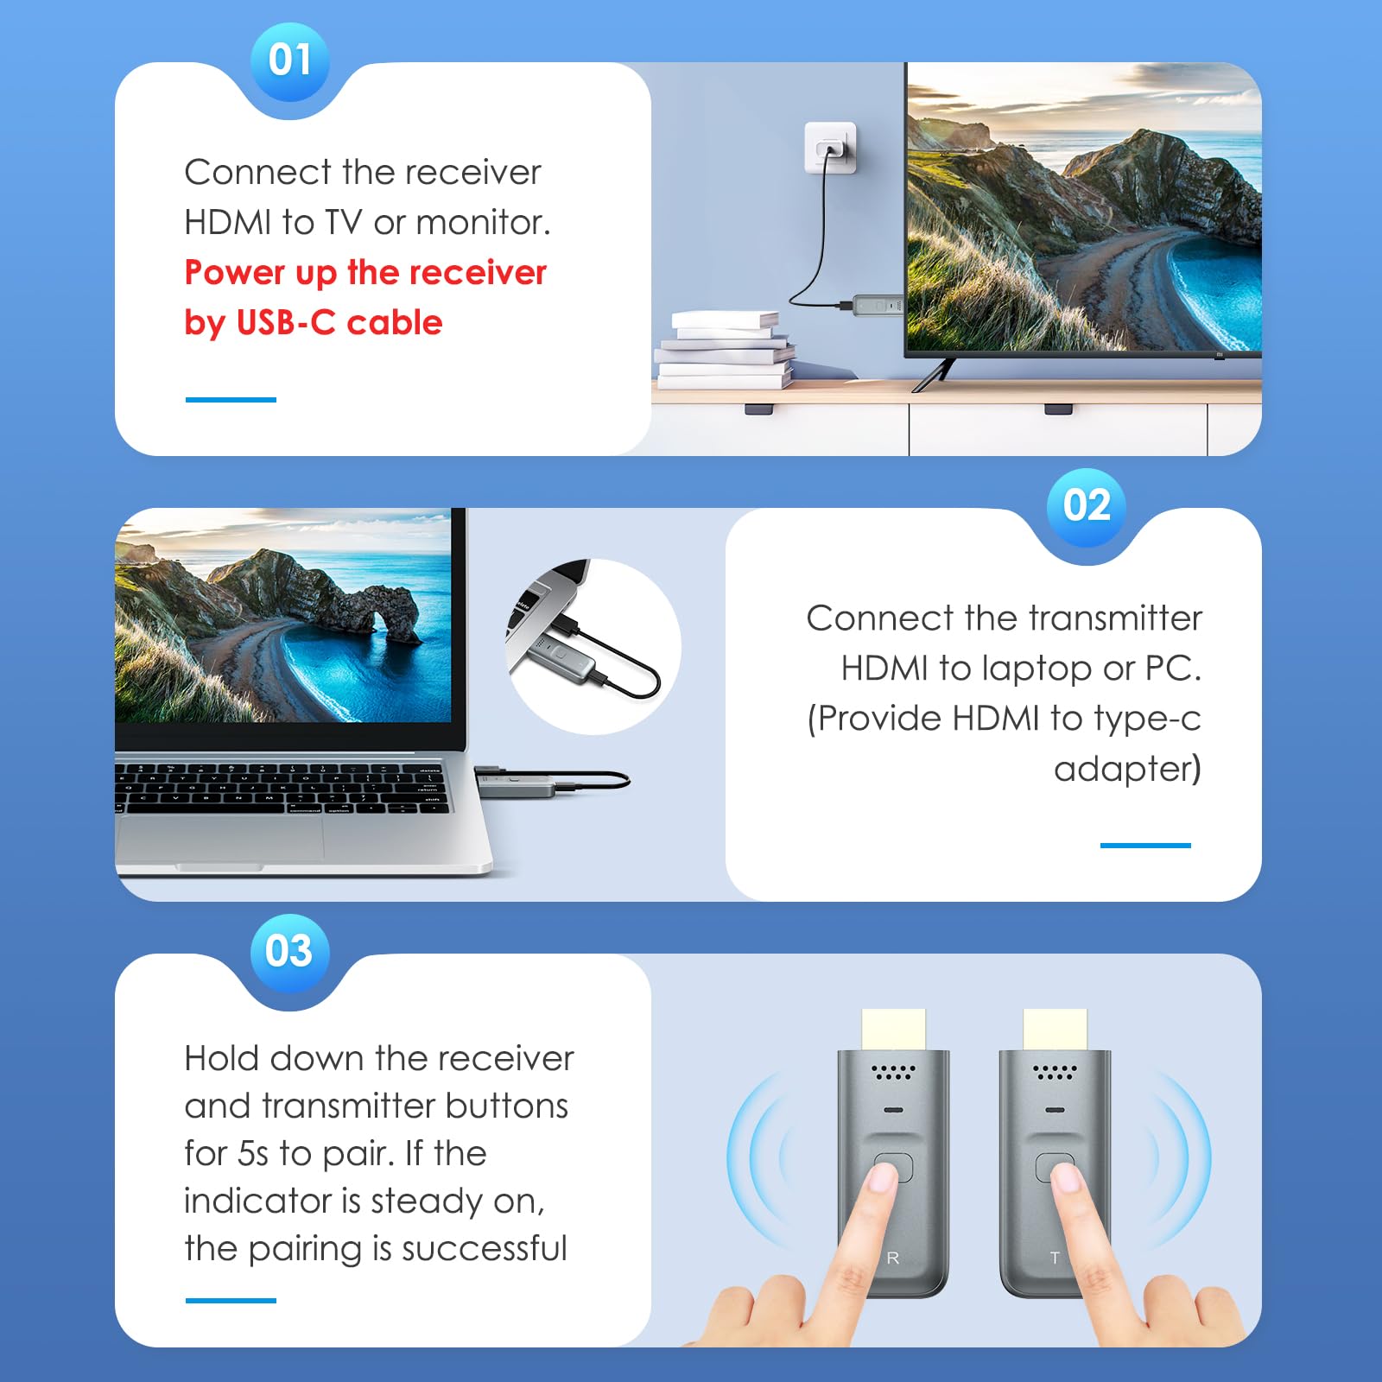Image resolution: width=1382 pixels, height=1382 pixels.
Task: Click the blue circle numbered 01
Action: click(x=289, y=60)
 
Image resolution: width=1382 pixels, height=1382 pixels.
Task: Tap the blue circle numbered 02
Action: click(x=1087, y=506)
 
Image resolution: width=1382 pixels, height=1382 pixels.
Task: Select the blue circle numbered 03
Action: click(x=289, y=952)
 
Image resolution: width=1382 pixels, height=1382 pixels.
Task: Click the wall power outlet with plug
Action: click(x=831, y=148)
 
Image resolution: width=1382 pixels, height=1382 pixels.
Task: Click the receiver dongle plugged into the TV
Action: click(x=876, y=305)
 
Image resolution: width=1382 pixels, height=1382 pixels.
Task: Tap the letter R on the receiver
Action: click(x=893, y=1258)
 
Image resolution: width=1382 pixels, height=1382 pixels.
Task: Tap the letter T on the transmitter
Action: click(x=1055, y=1258)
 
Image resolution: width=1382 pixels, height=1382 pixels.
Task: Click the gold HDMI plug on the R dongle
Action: click(x=893, y=1030)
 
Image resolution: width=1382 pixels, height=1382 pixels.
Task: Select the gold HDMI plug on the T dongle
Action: click(x=1055, y=1030)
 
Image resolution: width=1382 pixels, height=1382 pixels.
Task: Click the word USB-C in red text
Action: click(x=285, y=322)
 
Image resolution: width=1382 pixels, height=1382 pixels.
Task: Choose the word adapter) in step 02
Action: click(x=1127, y=769)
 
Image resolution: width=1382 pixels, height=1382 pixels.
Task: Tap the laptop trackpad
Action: click(x=220, y=839)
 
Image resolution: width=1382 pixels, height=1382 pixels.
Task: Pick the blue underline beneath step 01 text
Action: click(x=231, y=400)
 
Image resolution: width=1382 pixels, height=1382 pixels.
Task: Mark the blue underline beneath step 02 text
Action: click(x=1145, y=846)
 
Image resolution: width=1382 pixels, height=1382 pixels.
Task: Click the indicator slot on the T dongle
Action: click(x=1055, y=1110)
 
